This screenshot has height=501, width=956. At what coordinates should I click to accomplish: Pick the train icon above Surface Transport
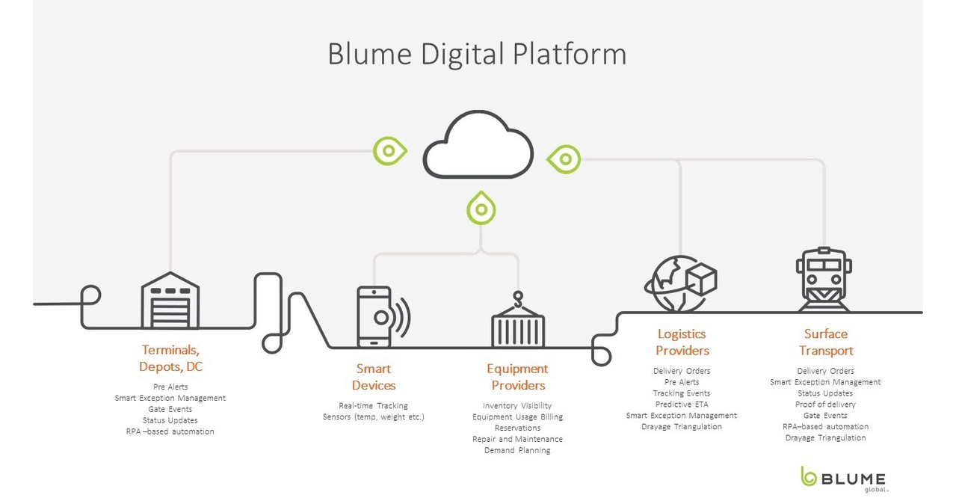tap(824, 280)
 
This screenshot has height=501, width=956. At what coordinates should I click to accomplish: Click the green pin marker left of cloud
tap(389, 151)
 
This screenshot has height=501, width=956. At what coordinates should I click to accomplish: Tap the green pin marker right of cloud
tap(564, 159)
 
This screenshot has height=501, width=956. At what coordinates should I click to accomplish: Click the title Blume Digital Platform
tap(477, 55)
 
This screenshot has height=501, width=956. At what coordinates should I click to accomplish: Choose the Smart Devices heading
tap(374, 377)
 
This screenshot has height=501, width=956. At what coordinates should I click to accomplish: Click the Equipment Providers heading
tap(517, 377)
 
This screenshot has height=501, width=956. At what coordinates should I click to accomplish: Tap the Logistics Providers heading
tap(682, 342)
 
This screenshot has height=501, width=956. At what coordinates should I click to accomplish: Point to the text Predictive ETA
tap(681, 404)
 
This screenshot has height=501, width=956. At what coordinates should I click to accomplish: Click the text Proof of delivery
tap(825, 405)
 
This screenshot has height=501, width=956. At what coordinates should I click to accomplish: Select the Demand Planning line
tap(517, 450)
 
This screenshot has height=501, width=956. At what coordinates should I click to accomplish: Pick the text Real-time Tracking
tap(373, 405)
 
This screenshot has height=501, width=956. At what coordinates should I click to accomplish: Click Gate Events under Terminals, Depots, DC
tap(170, 409)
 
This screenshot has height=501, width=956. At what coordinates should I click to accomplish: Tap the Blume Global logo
tap(842, 479)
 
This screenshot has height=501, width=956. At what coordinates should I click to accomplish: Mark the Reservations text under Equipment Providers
tap(517, 428)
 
